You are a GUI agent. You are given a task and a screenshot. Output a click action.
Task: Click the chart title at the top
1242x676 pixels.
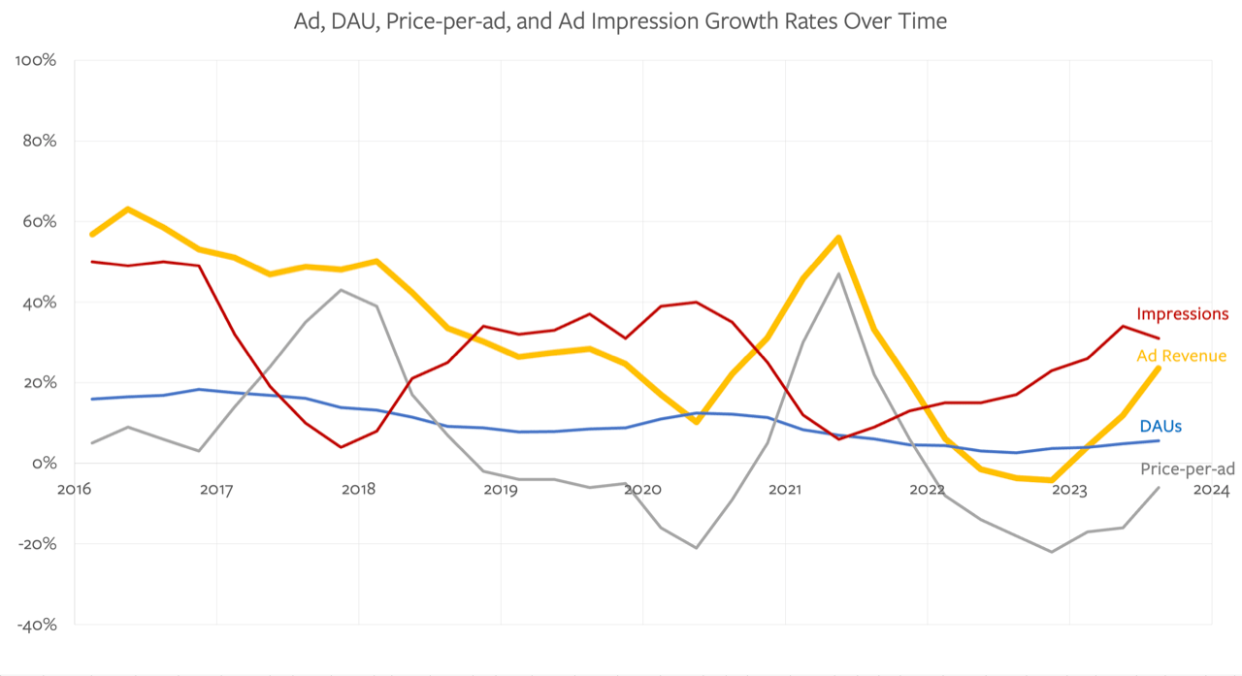(620, 20)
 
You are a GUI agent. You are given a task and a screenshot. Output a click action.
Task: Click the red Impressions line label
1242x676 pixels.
(1182, 314)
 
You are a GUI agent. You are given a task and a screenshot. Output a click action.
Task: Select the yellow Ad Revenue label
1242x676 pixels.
(1181, 356)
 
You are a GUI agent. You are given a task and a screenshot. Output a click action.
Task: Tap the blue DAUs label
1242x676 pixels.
(1160, 426)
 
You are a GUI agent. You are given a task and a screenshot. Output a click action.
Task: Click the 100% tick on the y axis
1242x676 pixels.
(37, 60)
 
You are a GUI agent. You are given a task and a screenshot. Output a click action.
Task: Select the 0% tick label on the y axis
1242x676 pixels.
(43, 464)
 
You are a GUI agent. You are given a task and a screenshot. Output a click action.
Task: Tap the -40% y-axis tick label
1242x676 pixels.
(37, 625)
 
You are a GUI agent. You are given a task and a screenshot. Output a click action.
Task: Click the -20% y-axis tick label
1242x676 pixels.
(37, 544)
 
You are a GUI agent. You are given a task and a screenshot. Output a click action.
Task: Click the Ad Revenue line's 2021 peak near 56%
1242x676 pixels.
(837, 238)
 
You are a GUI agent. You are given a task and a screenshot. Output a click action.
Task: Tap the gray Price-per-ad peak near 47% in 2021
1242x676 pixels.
(837, 274)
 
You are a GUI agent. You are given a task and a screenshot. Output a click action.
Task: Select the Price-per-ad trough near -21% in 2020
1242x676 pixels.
(696, 547)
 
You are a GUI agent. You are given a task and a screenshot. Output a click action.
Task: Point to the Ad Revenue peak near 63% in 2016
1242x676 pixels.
(128, 209)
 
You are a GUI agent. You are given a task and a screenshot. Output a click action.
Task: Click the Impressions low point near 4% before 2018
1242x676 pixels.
(342, 447)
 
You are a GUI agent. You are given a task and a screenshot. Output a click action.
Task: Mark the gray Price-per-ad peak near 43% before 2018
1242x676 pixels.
(342, 290)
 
